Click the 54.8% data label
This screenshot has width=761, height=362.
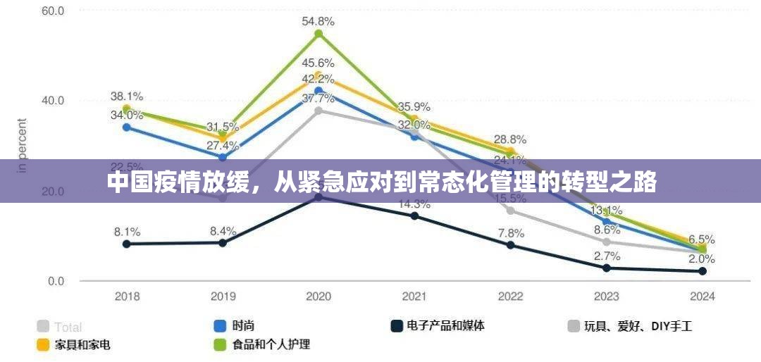[318, 21]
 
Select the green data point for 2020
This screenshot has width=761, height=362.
[318, 34]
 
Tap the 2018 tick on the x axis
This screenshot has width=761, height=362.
[127, 297]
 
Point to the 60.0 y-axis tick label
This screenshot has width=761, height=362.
[53, 11]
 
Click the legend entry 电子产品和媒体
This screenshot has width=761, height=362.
[437, 326]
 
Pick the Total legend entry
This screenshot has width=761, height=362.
[60, 327]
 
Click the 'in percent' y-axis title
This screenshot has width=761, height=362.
[23, 145]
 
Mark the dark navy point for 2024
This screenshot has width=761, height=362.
[702, 271]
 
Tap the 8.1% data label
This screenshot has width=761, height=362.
[127, 231]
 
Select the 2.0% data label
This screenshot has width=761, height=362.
[702, 258]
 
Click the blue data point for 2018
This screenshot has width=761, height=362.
[127, 127]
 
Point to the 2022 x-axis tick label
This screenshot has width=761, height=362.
[510, 297]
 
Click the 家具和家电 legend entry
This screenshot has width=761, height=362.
[74, 345]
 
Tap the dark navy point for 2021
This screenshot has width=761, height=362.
[414, 216]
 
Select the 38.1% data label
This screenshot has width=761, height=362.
[127, 96]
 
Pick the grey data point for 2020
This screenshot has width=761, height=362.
[318, 111]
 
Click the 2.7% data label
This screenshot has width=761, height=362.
[606, 256]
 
